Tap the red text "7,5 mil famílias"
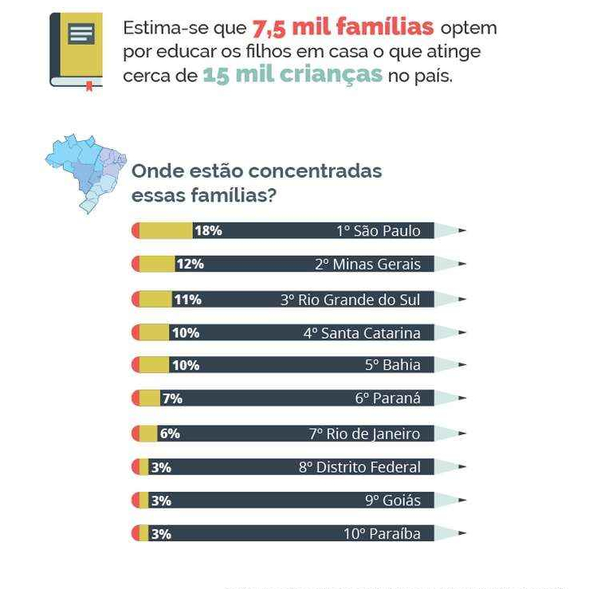pos(343,28)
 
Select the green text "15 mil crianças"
pos(293,75)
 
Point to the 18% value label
pos(209,230)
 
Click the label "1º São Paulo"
pos(379,231)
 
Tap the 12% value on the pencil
pos(190,264)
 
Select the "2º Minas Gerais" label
pos(367,264)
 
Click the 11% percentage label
pos(188,300)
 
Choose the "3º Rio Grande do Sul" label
pos(351,300)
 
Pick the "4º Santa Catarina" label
pos(362,333)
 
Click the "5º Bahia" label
pos(393,365)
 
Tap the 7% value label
pos(172,399)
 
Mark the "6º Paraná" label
pos(387,399)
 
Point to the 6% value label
pos(170,434)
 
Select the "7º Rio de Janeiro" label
pos(365,434)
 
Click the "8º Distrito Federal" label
pos(359,467)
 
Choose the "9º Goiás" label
pos(393,501)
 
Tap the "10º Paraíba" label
pos(382,534)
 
